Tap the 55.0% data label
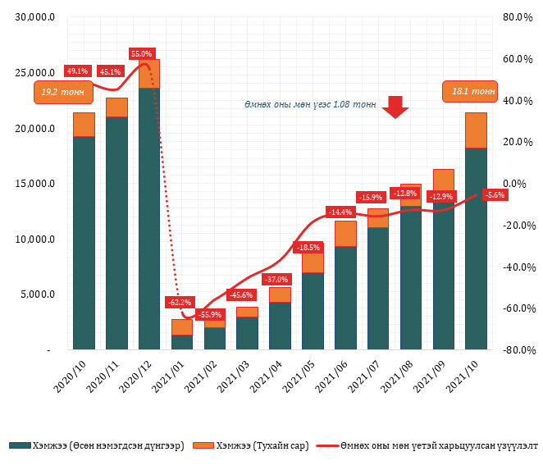[x=141, y=53]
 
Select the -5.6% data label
[x=495, y=194]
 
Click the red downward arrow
[x=396, y=107]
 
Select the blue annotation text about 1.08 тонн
[x=310, y=105]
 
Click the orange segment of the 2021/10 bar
[x=476, y=130]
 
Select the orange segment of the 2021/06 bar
[x=345, y=234]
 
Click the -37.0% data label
[x=278, y=279]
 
